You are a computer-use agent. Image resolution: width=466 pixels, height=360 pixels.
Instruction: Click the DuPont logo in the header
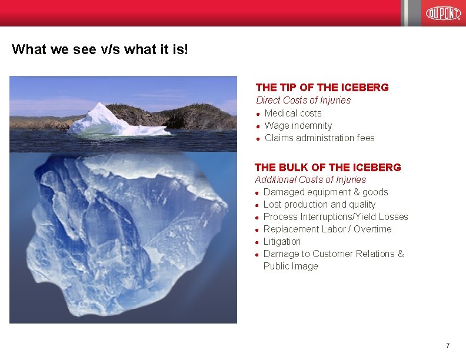pyautogui.click(x=443, y=13)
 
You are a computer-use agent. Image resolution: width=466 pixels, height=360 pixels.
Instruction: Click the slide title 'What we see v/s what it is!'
pyautogui.click(x=100, y=49)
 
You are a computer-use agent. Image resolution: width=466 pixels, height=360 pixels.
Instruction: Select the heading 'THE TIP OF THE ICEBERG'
pyautogui.click(x=322, y=88)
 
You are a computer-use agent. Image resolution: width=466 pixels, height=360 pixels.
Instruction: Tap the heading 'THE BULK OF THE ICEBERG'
pyautogui.click(x=328, y=168)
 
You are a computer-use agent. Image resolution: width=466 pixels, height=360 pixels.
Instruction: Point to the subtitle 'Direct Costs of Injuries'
pyautogui.click(x=303, y=101)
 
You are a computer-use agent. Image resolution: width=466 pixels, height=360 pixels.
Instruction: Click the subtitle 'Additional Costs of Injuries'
pyautogui.click(x=310, y=180)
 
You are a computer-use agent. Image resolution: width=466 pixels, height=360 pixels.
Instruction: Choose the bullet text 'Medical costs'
pyautogui.click(x=293, y=113)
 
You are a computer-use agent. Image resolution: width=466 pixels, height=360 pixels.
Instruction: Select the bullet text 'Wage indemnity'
pyautogui.click(x=298, y=125)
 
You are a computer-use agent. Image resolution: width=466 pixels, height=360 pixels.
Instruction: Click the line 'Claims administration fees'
pyautogui.click(x=319, y=138)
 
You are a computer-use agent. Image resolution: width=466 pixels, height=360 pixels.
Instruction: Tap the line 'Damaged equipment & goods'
pyautogui.click(x=325, y=192)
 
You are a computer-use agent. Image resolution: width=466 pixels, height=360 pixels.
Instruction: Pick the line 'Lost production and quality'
pyautogui.click(x=319, y=205)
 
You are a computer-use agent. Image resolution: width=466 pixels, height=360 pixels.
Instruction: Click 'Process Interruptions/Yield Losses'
pyautogui.click(x=335, y=217)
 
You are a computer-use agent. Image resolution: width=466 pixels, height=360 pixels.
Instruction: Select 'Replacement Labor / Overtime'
pyautogui.click(x=327, y=229)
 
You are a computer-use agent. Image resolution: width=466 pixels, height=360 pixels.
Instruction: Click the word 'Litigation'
pyautogui.click(x=282, y=242)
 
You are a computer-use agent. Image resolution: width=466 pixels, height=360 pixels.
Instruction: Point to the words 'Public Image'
pyautogui.click(x=291, y=266)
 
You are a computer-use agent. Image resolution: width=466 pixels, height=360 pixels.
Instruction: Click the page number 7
pyautogui.click(x=448, y=345)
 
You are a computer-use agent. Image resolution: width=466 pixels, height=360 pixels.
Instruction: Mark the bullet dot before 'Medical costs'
pyautogui.click(x=259, y=114)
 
